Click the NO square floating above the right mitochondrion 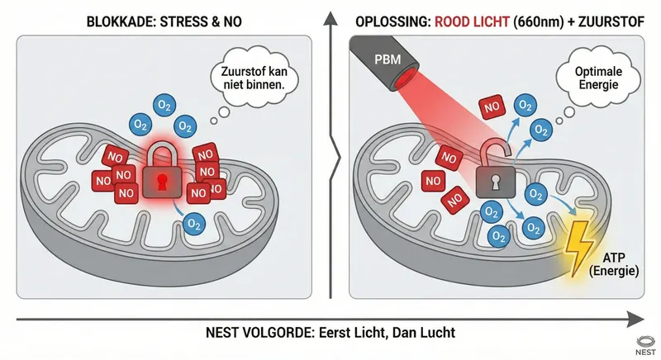[491, 107]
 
